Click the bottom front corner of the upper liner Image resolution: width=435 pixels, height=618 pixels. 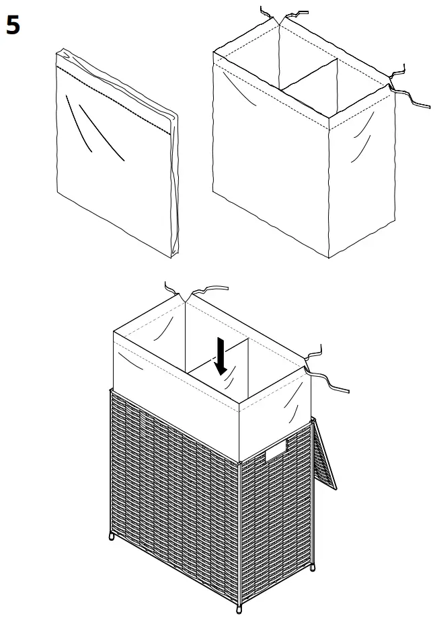click(x=328, y=258)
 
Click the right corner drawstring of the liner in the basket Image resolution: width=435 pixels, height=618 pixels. click(x=323, y=373)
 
